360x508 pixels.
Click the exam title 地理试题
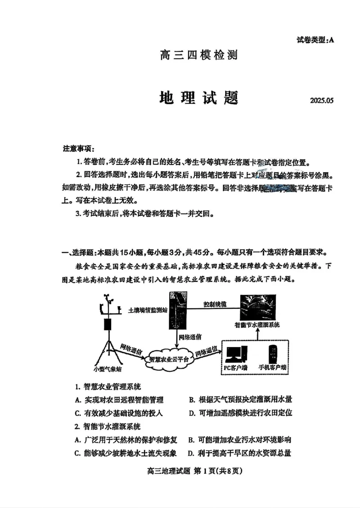pyautogui.click(x=198, y=98)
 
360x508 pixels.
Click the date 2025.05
pyautogui.click(x=322, y=100)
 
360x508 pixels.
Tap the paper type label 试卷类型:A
pyautogui.click(x=315, y=40)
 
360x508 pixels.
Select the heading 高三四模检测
pyautogui.click(x=198, y=55)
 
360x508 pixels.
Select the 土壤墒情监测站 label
pyautogui.click(x=147, y=310)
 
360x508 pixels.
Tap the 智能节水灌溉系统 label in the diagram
pyautogui.click(x=257, y=324)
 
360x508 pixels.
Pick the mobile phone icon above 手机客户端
pyautogui.click(x=273, y=352)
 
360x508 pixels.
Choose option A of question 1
pyautogui.click(x=119, y=400)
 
